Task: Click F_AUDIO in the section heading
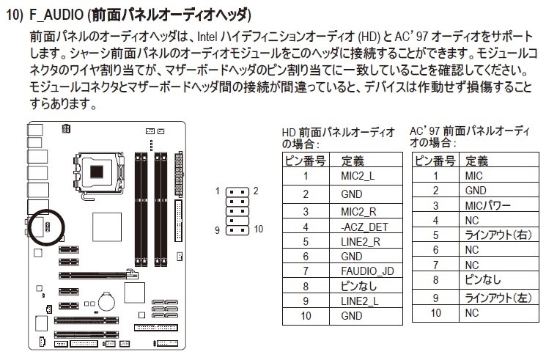click(54, 15)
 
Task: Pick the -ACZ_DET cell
click(364, 227)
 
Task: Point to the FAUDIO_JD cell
click(366, 271)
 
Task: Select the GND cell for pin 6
click(352, 257)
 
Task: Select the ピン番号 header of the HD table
click(302, 161)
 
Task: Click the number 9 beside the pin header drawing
click(218, 229)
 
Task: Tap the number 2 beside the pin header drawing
click(256, 191)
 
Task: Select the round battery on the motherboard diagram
click(107, 300)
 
